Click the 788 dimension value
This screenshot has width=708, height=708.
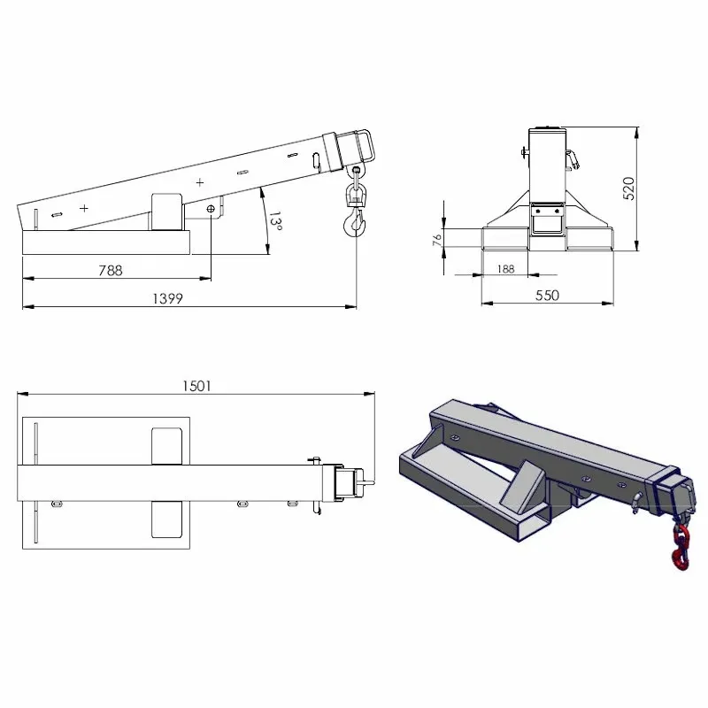tap(111, 271)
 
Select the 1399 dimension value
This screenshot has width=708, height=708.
tap(168, 299)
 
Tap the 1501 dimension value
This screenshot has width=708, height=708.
tap(196, 385)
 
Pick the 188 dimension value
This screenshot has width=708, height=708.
tap(506, 269)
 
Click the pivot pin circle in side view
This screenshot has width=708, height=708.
tap(211, 208)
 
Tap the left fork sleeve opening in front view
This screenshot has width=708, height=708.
tap(502, 238)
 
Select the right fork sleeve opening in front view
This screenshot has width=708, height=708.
tap(589, 238)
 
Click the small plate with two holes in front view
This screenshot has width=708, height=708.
tap(546, 212)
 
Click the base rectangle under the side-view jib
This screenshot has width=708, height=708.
tap(106, 242)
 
